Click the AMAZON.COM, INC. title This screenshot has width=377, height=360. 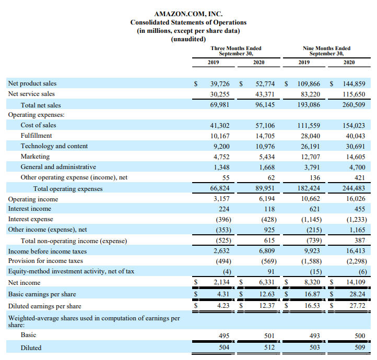188,14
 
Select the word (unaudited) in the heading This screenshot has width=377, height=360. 188,39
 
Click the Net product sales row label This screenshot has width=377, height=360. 32,83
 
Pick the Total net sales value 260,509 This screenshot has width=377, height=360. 354,105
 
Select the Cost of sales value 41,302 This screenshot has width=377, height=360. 220,125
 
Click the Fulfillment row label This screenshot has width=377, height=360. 36,136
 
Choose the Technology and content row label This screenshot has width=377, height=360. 54,146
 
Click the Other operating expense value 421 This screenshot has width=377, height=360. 359,178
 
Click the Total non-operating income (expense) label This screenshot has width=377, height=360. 74,241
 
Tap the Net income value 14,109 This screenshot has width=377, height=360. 356,282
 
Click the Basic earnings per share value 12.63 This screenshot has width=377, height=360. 267,294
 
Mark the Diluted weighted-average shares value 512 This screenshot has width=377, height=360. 269,347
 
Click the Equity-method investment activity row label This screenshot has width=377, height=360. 71,271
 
